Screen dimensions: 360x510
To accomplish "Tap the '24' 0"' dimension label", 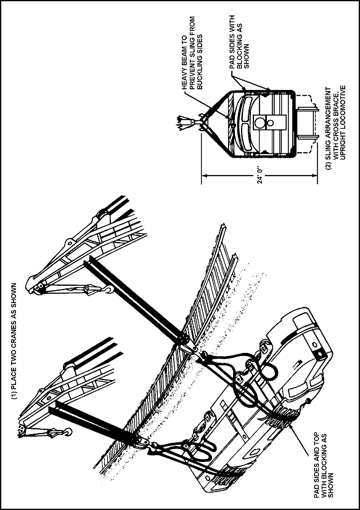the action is (260, 176).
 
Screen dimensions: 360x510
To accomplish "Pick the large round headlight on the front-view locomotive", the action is (260, 123).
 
